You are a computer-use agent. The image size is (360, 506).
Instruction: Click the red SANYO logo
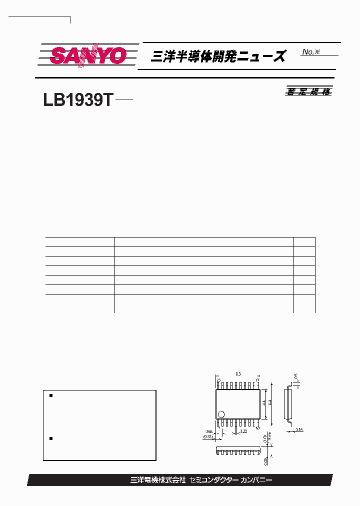coord(88,55)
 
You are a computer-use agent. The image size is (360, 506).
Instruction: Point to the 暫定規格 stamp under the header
coord(308,91)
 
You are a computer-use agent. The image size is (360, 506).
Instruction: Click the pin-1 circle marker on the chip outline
coord(221,414)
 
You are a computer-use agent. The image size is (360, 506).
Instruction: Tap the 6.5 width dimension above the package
coord(238,374)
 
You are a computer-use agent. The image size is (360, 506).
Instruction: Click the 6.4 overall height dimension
coord(270,402)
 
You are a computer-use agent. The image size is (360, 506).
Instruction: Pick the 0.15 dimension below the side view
coord(299,429)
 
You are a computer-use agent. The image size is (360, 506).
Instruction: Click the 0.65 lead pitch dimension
coord(209,431)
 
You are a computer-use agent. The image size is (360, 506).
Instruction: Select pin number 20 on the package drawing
coord(218,380)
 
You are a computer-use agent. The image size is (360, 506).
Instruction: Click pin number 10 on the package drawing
coord(258,428)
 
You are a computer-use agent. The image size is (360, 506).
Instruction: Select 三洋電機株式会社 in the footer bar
coord(157,480)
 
